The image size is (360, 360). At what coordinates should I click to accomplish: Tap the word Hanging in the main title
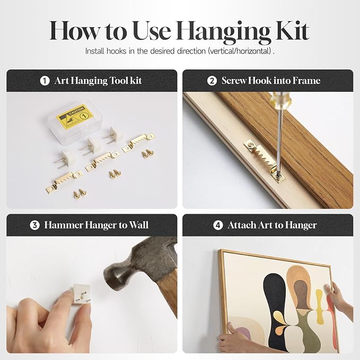tap(223, 33)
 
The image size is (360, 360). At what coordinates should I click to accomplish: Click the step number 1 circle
tap(45, 81)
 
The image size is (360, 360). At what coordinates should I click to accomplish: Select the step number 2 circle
tap(212, 81)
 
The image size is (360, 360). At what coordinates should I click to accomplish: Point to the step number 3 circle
tap(34, 225)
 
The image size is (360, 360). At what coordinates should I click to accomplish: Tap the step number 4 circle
tap(218, 225)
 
